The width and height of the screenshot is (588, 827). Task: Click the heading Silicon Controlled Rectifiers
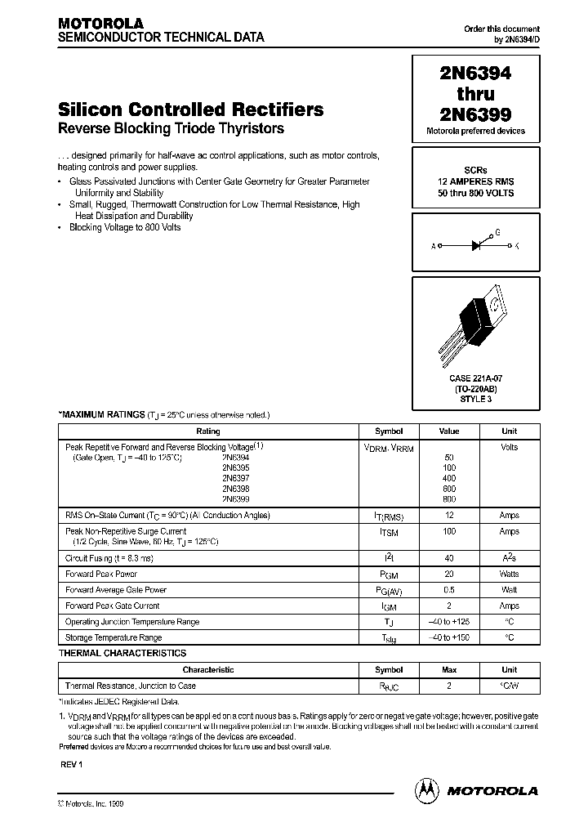click(190, 110)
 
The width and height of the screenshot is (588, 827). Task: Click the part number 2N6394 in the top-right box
click(475, 74)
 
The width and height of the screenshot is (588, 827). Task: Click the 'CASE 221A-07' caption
click(475, 378)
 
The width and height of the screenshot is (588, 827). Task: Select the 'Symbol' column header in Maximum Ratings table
click(389, 431)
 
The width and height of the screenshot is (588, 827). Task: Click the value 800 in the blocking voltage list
click(449, 498)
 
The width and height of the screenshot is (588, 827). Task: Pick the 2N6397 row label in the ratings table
click(235, 478)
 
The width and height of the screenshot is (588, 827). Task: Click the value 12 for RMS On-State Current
click(449, 516)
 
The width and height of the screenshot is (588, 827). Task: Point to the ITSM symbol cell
click(389, 532)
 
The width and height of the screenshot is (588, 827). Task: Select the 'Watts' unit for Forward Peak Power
click(509, 574)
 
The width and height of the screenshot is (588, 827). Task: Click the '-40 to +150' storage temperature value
click(449, 637)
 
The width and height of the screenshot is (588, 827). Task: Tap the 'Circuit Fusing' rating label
click(109, 558)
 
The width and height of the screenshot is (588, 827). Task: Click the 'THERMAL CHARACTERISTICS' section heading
click(122, 653)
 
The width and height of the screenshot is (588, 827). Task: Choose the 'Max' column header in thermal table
click(449, 669)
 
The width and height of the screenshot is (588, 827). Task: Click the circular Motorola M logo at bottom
click(427, 790)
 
